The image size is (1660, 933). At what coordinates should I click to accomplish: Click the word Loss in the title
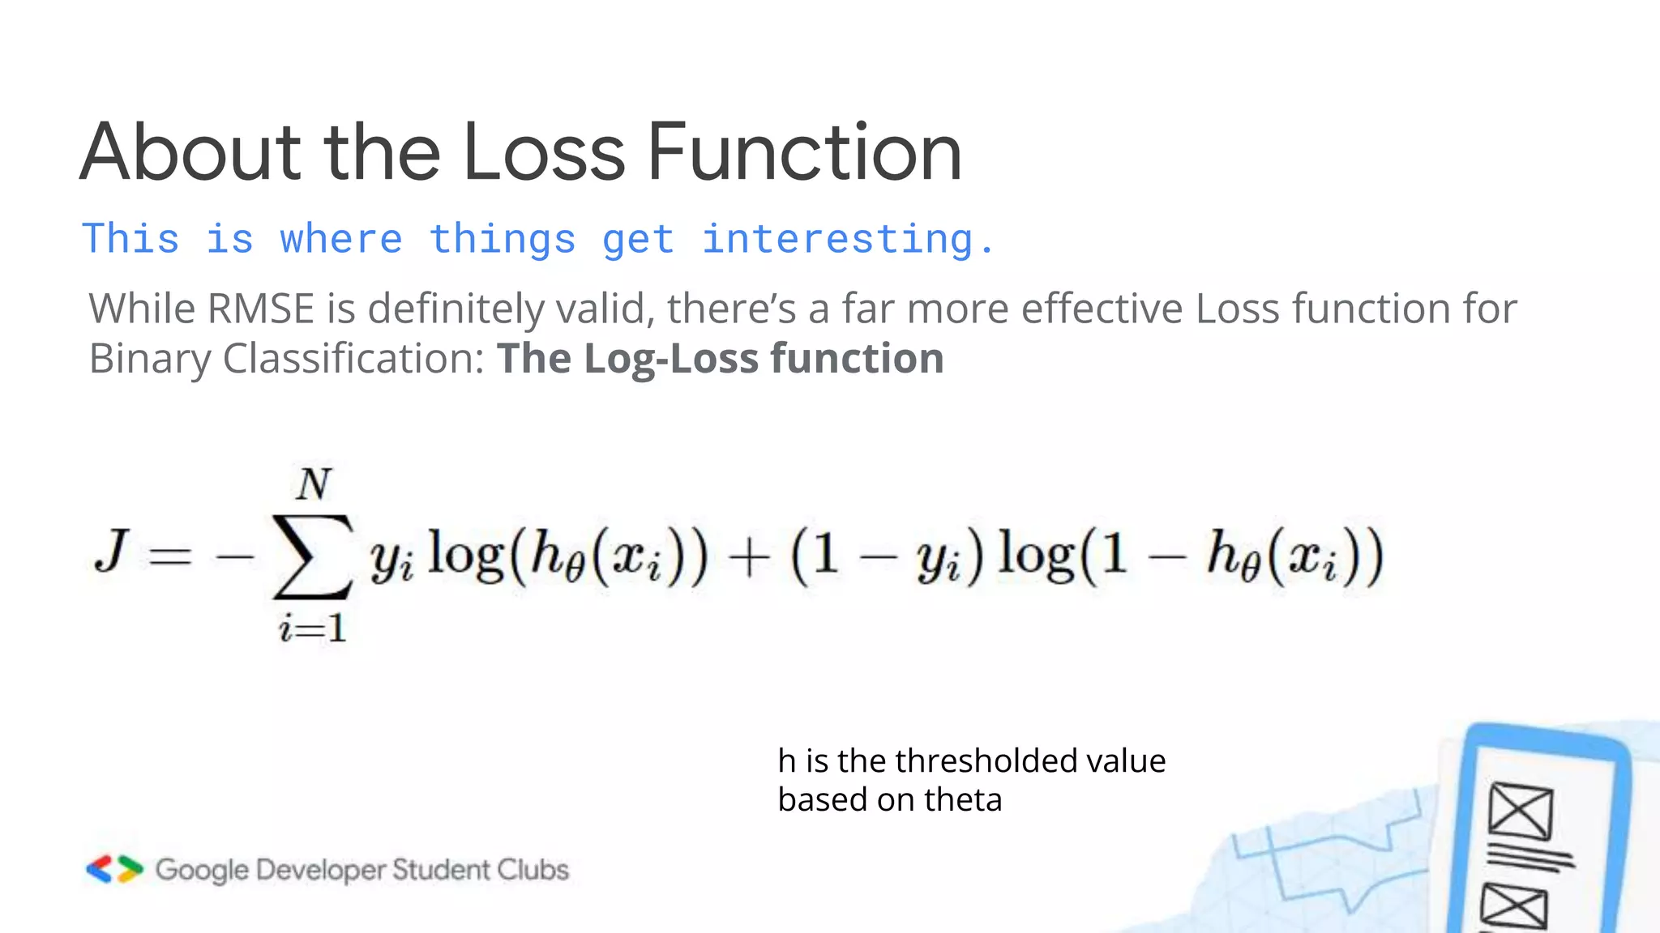543,152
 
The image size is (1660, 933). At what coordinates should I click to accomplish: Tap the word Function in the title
804,152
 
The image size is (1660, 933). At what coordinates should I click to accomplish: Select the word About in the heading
190,152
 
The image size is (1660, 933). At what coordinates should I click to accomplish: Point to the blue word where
340,240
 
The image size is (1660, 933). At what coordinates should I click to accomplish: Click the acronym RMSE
260,309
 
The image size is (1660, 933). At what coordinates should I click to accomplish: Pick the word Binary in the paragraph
149,359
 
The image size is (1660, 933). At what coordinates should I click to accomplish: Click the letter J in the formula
112,551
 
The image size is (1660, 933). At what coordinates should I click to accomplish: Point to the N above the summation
314,485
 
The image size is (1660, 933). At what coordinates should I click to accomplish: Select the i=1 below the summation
313,628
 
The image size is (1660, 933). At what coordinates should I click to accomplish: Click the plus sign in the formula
749,559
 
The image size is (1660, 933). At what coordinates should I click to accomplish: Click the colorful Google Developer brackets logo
114,869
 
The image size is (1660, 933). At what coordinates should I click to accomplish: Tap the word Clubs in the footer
533,870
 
